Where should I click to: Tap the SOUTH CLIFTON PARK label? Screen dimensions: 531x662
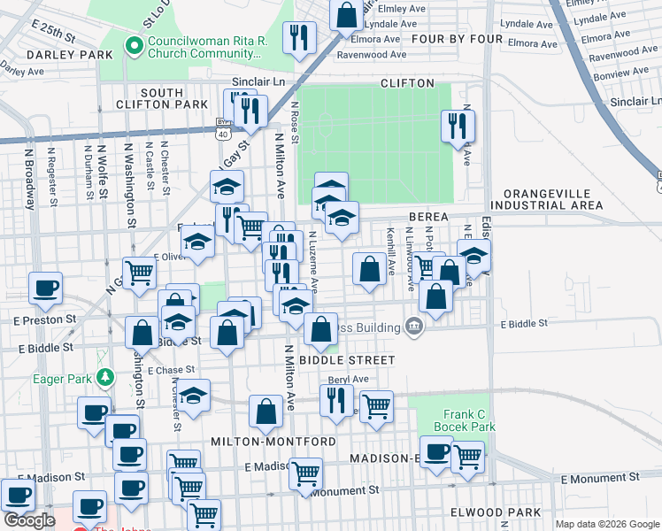(161, 98)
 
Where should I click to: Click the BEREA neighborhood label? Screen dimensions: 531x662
(429, 217)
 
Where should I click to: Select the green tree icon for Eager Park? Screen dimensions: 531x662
(105, 378)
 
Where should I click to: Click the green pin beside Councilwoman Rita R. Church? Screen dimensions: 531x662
(135, 45)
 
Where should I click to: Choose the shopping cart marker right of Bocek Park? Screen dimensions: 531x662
(467, 457)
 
